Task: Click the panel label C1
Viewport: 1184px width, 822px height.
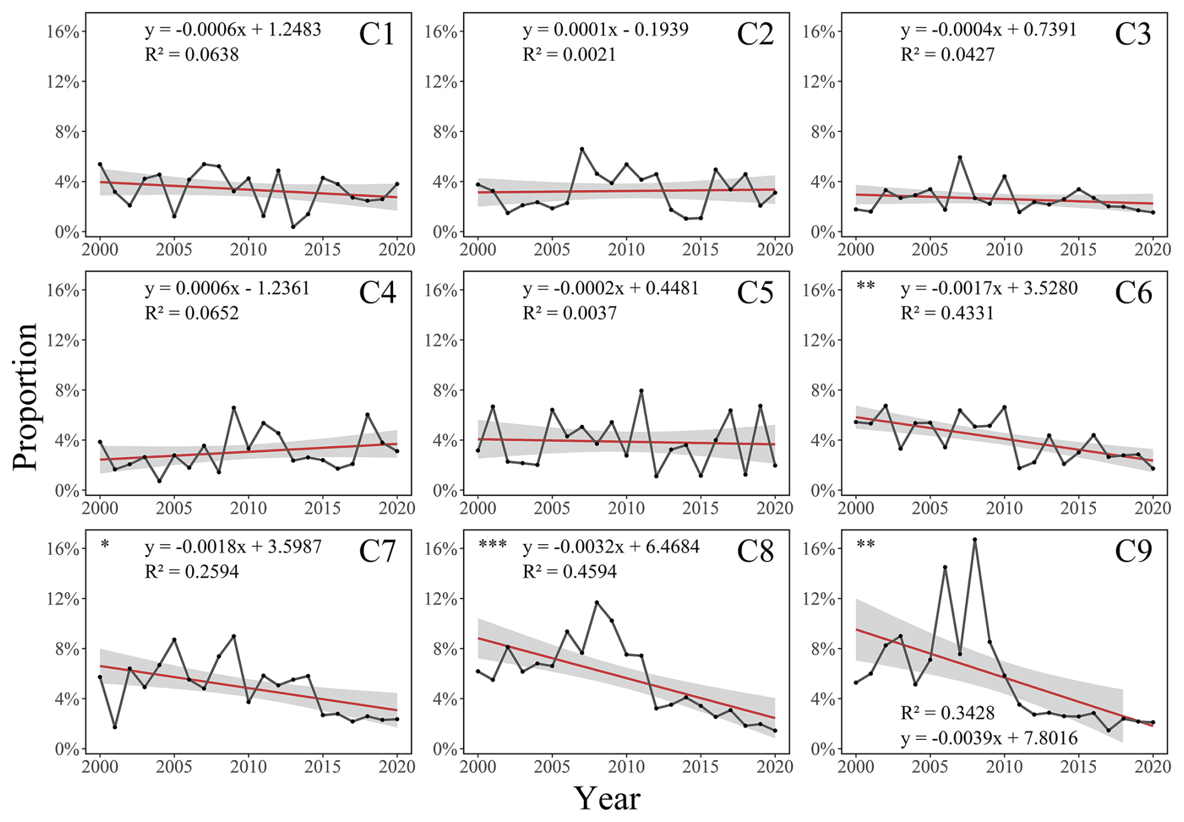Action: click(x=377, y=34)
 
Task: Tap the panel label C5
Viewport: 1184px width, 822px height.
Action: click(x=755, y=293)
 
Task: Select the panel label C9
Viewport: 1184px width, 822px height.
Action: click(x=1133, y=552)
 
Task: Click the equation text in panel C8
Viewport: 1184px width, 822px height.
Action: click(x=611, y=547)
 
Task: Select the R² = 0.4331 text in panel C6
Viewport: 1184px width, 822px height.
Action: click(x=947, y=313)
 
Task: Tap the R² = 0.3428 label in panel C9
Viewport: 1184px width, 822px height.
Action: click(x=947, y=713)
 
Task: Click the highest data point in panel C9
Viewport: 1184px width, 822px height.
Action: click(x=975, y=540)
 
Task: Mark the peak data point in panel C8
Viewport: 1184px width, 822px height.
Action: click(x=596, y=603)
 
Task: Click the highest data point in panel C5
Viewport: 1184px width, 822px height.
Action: click(x=641, y=391)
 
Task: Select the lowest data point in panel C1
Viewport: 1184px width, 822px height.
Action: click(x=293, y=227)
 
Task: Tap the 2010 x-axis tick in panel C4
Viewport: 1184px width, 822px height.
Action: click(x=248, y=508)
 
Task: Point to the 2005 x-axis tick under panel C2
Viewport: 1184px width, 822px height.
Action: click(x=552, y=250)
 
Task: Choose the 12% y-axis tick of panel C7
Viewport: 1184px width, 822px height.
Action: click(x=63, y=599)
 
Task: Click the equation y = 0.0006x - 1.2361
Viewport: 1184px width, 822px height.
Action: click(x=227, y=289)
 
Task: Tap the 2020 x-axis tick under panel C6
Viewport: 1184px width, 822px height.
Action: click(x=1153, y=508)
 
